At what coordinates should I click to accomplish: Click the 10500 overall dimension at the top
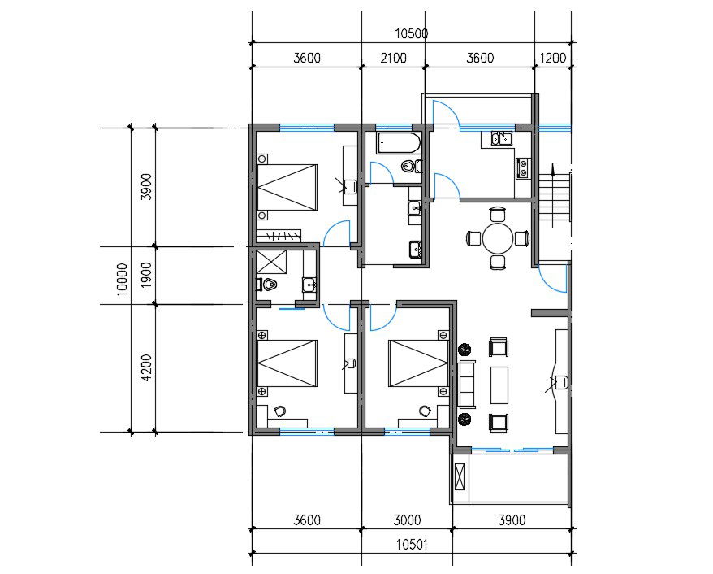point(411,34)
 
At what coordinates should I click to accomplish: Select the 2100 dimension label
point(393,58)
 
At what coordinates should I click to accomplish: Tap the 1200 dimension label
point(552,58)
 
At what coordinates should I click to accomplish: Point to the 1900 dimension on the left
point(146,276)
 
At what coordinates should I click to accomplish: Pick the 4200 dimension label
point(146,367)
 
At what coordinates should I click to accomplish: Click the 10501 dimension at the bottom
point(411,544)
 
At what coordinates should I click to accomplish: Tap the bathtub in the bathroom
point(398,145)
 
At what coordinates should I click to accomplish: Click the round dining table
point(498,239)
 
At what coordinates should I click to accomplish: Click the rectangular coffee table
point(499,385)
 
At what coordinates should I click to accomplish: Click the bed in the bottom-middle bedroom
point(417,363)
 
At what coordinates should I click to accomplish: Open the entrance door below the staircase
point(554,276)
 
